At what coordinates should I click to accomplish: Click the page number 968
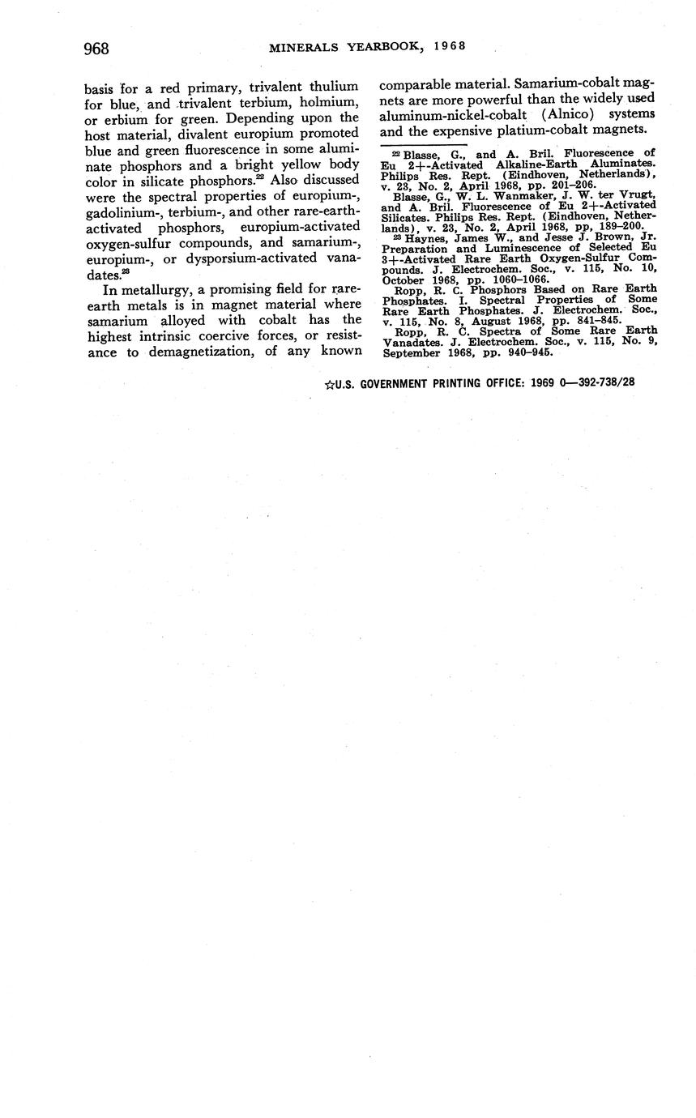(96, 49)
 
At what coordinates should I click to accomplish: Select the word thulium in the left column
(333, 87)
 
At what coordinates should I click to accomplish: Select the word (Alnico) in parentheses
(561, 114)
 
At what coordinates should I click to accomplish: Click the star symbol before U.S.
(329, 383)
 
